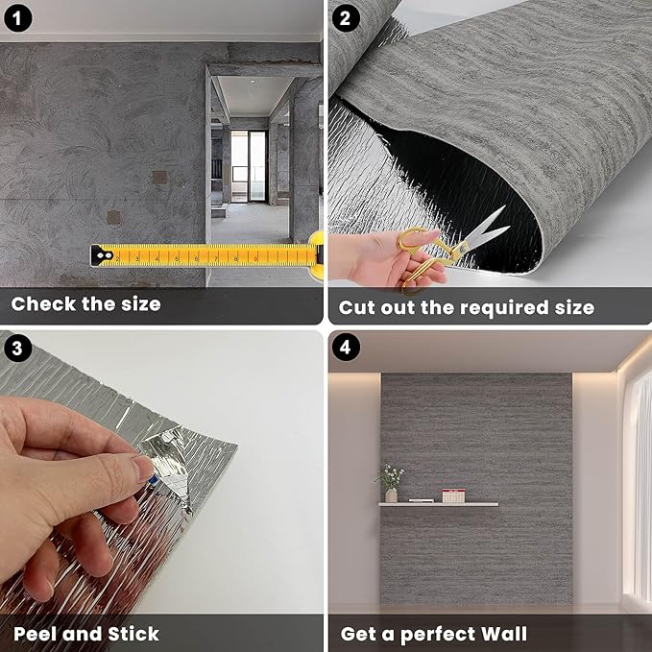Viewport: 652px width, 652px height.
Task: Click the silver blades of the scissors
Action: click(x=485, y=230)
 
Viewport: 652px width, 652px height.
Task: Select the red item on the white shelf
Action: click(x=453, y=495)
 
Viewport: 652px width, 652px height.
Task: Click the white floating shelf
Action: click(x=438, y=503)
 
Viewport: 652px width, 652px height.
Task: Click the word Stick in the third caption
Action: click(x=129, y=634)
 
